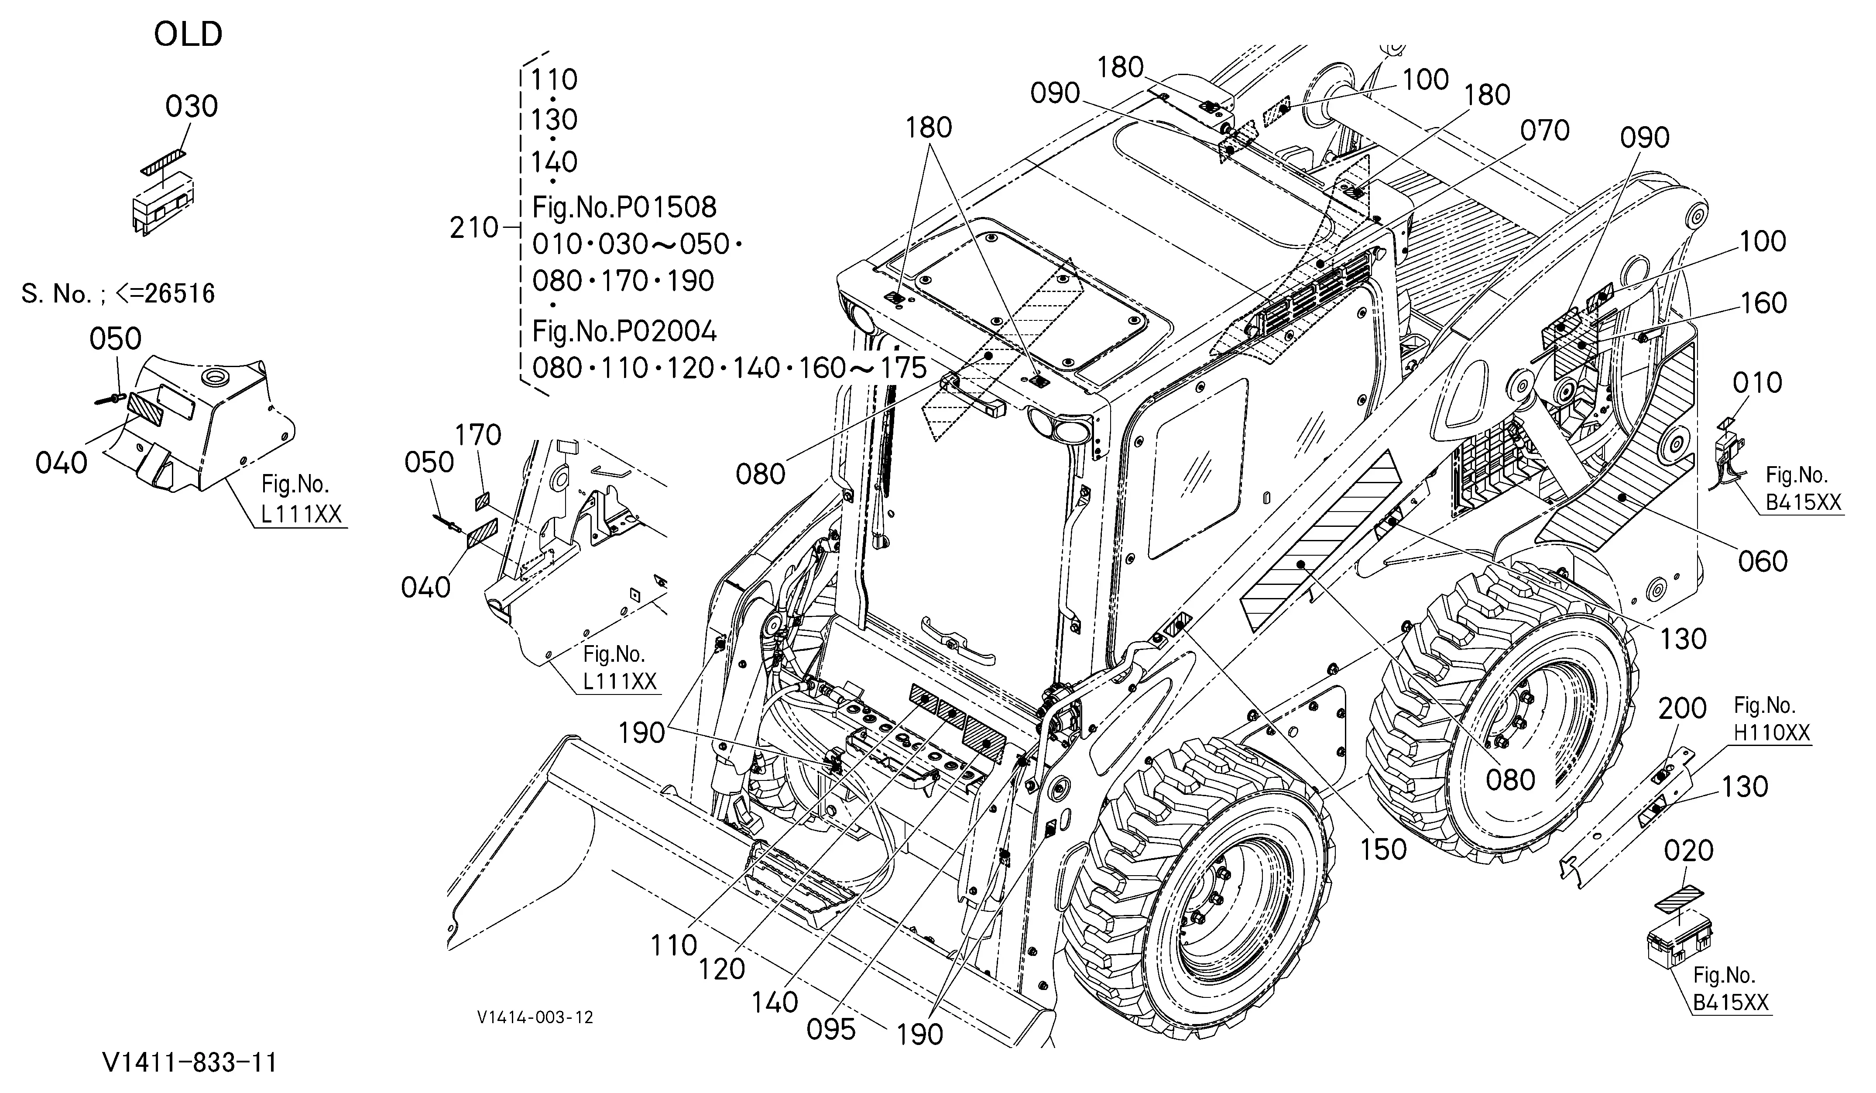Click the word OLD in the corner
[189, 34]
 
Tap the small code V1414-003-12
[536, 1017]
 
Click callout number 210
[473, 228]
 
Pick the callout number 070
[1545, 131]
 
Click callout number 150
[1383, 849]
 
